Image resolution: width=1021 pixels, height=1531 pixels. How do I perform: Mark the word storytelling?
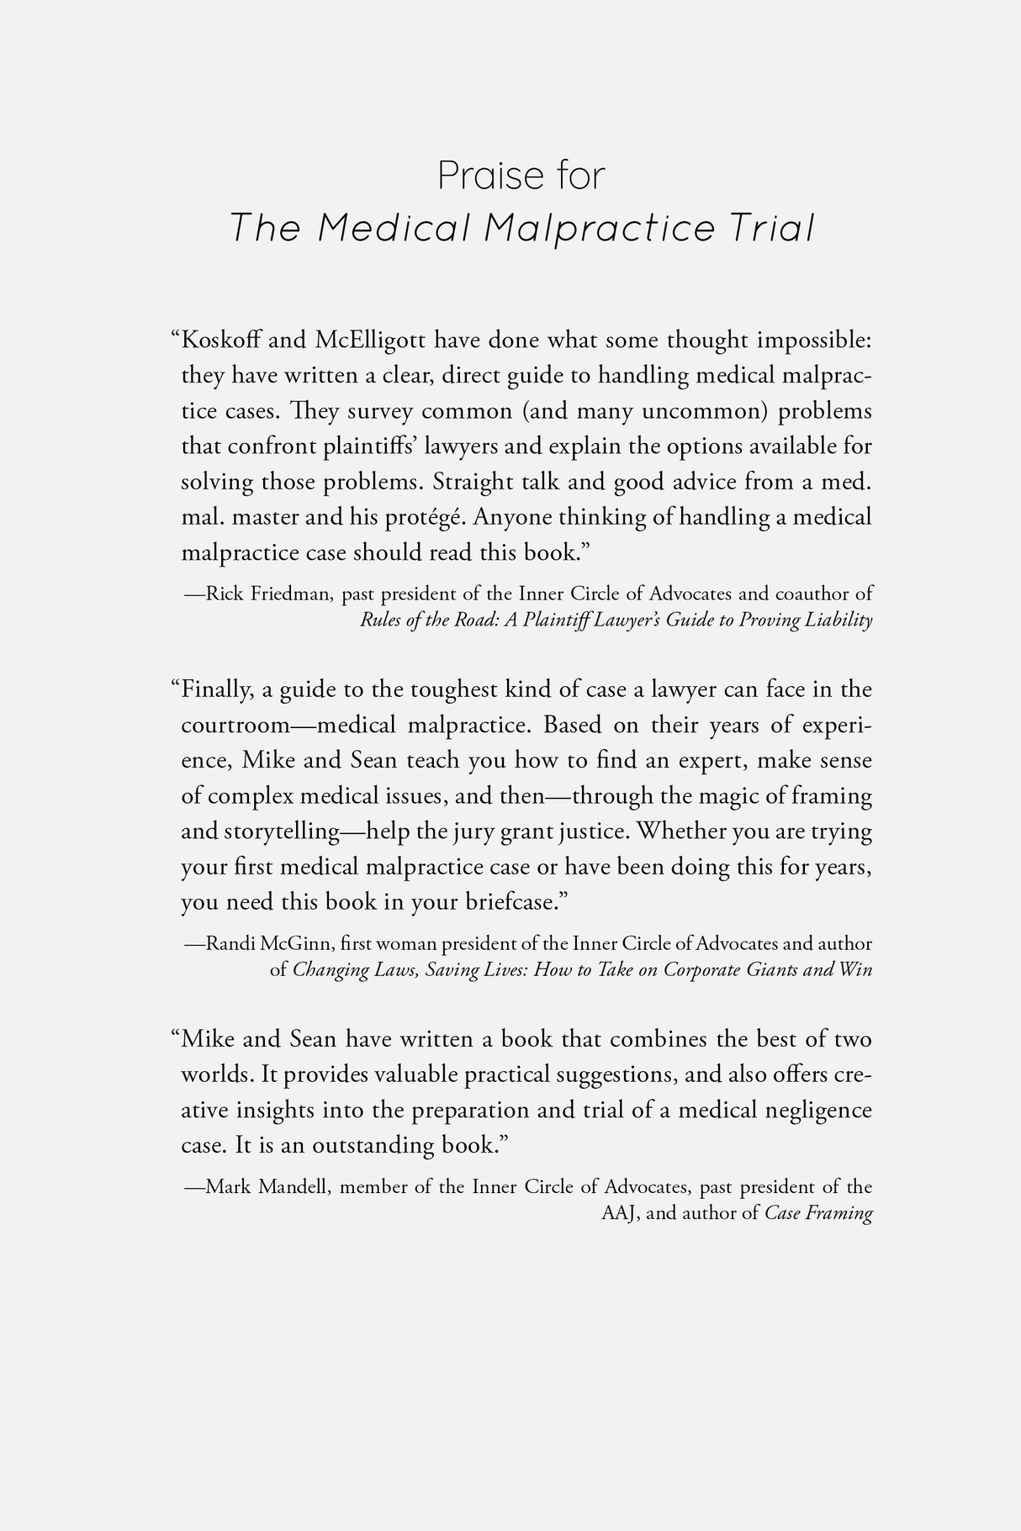coord(281,831)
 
